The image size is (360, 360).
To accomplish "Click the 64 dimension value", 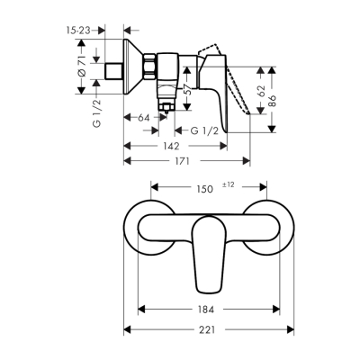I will click(143, 116).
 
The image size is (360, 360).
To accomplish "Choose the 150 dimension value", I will click(204, 189).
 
